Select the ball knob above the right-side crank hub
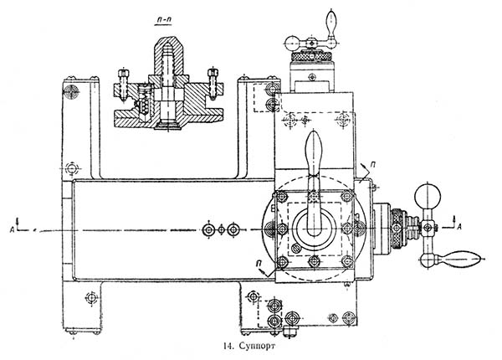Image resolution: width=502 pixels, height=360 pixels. pyautogui.click(x=432, y=197)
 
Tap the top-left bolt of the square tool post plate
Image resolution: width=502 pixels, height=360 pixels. pyautogui.click(x=281, y=197)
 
